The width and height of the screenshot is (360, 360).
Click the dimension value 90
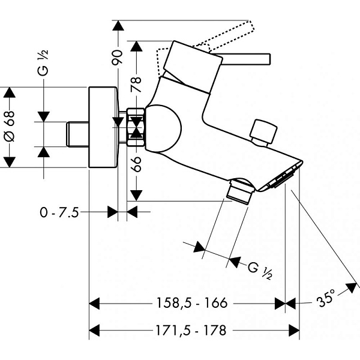(x=118, y=57)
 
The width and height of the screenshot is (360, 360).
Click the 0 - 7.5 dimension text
(x=59, y=212)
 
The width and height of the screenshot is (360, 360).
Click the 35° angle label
(x=326, y=298)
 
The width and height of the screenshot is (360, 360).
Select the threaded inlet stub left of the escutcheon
(x=76, y=132)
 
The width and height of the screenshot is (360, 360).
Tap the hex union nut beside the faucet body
(x=136, y=127)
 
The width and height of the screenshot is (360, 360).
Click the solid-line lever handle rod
(x=246, y=58)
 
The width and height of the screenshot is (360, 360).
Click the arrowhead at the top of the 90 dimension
(x=118, y=25)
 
